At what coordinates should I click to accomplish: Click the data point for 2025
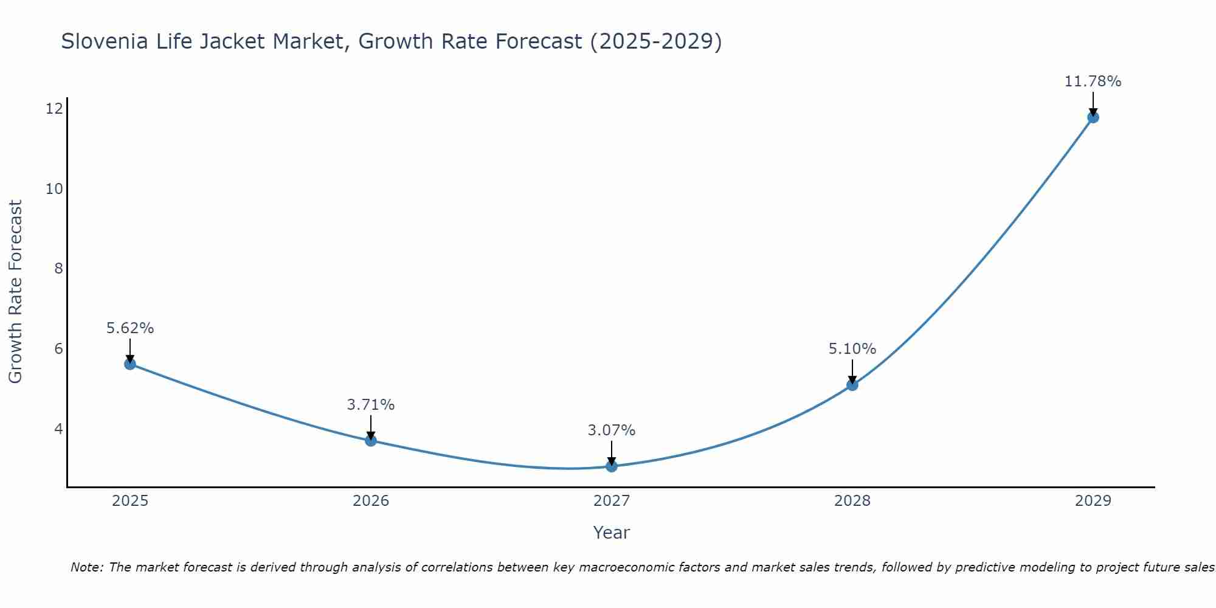pos(130,364)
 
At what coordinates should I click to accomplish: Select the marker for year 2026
pos(371,440)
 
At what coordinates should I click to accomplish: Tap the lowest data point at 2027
pos(612,466)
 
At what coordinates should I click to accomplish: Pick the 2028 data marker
pos(852,384)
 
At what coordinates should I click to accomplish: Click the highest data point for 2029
pos(1093,117)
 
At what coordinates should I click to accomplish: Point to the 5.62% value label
pos(130,328)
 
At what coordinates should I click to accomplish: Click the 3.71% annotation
pos(371,405)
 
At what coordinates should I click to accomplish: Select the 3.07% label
pos(612,430)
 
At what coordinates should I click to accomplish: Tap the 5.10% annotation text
pos(852,349)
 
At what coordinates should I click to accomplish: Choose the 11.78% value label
pos(1093,81)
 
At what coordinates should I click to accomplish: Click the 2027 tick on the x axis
pos(612,501)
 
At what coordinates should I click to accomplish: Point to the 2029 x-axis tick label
pos(1093,501)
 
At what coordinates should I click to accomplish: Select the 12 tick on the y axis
pos(54,109)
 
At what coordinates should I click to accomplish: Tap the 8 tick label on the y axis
pos(58,269)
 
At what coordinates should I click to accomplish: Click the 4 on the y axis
pos(58,429)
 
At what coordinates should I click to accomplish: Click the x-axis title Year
pos(612,533)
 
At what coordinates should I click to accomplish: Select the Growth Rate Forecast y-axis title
pos(16,292)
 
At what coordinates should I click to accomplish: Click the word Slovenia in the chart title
pos(105,41)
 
